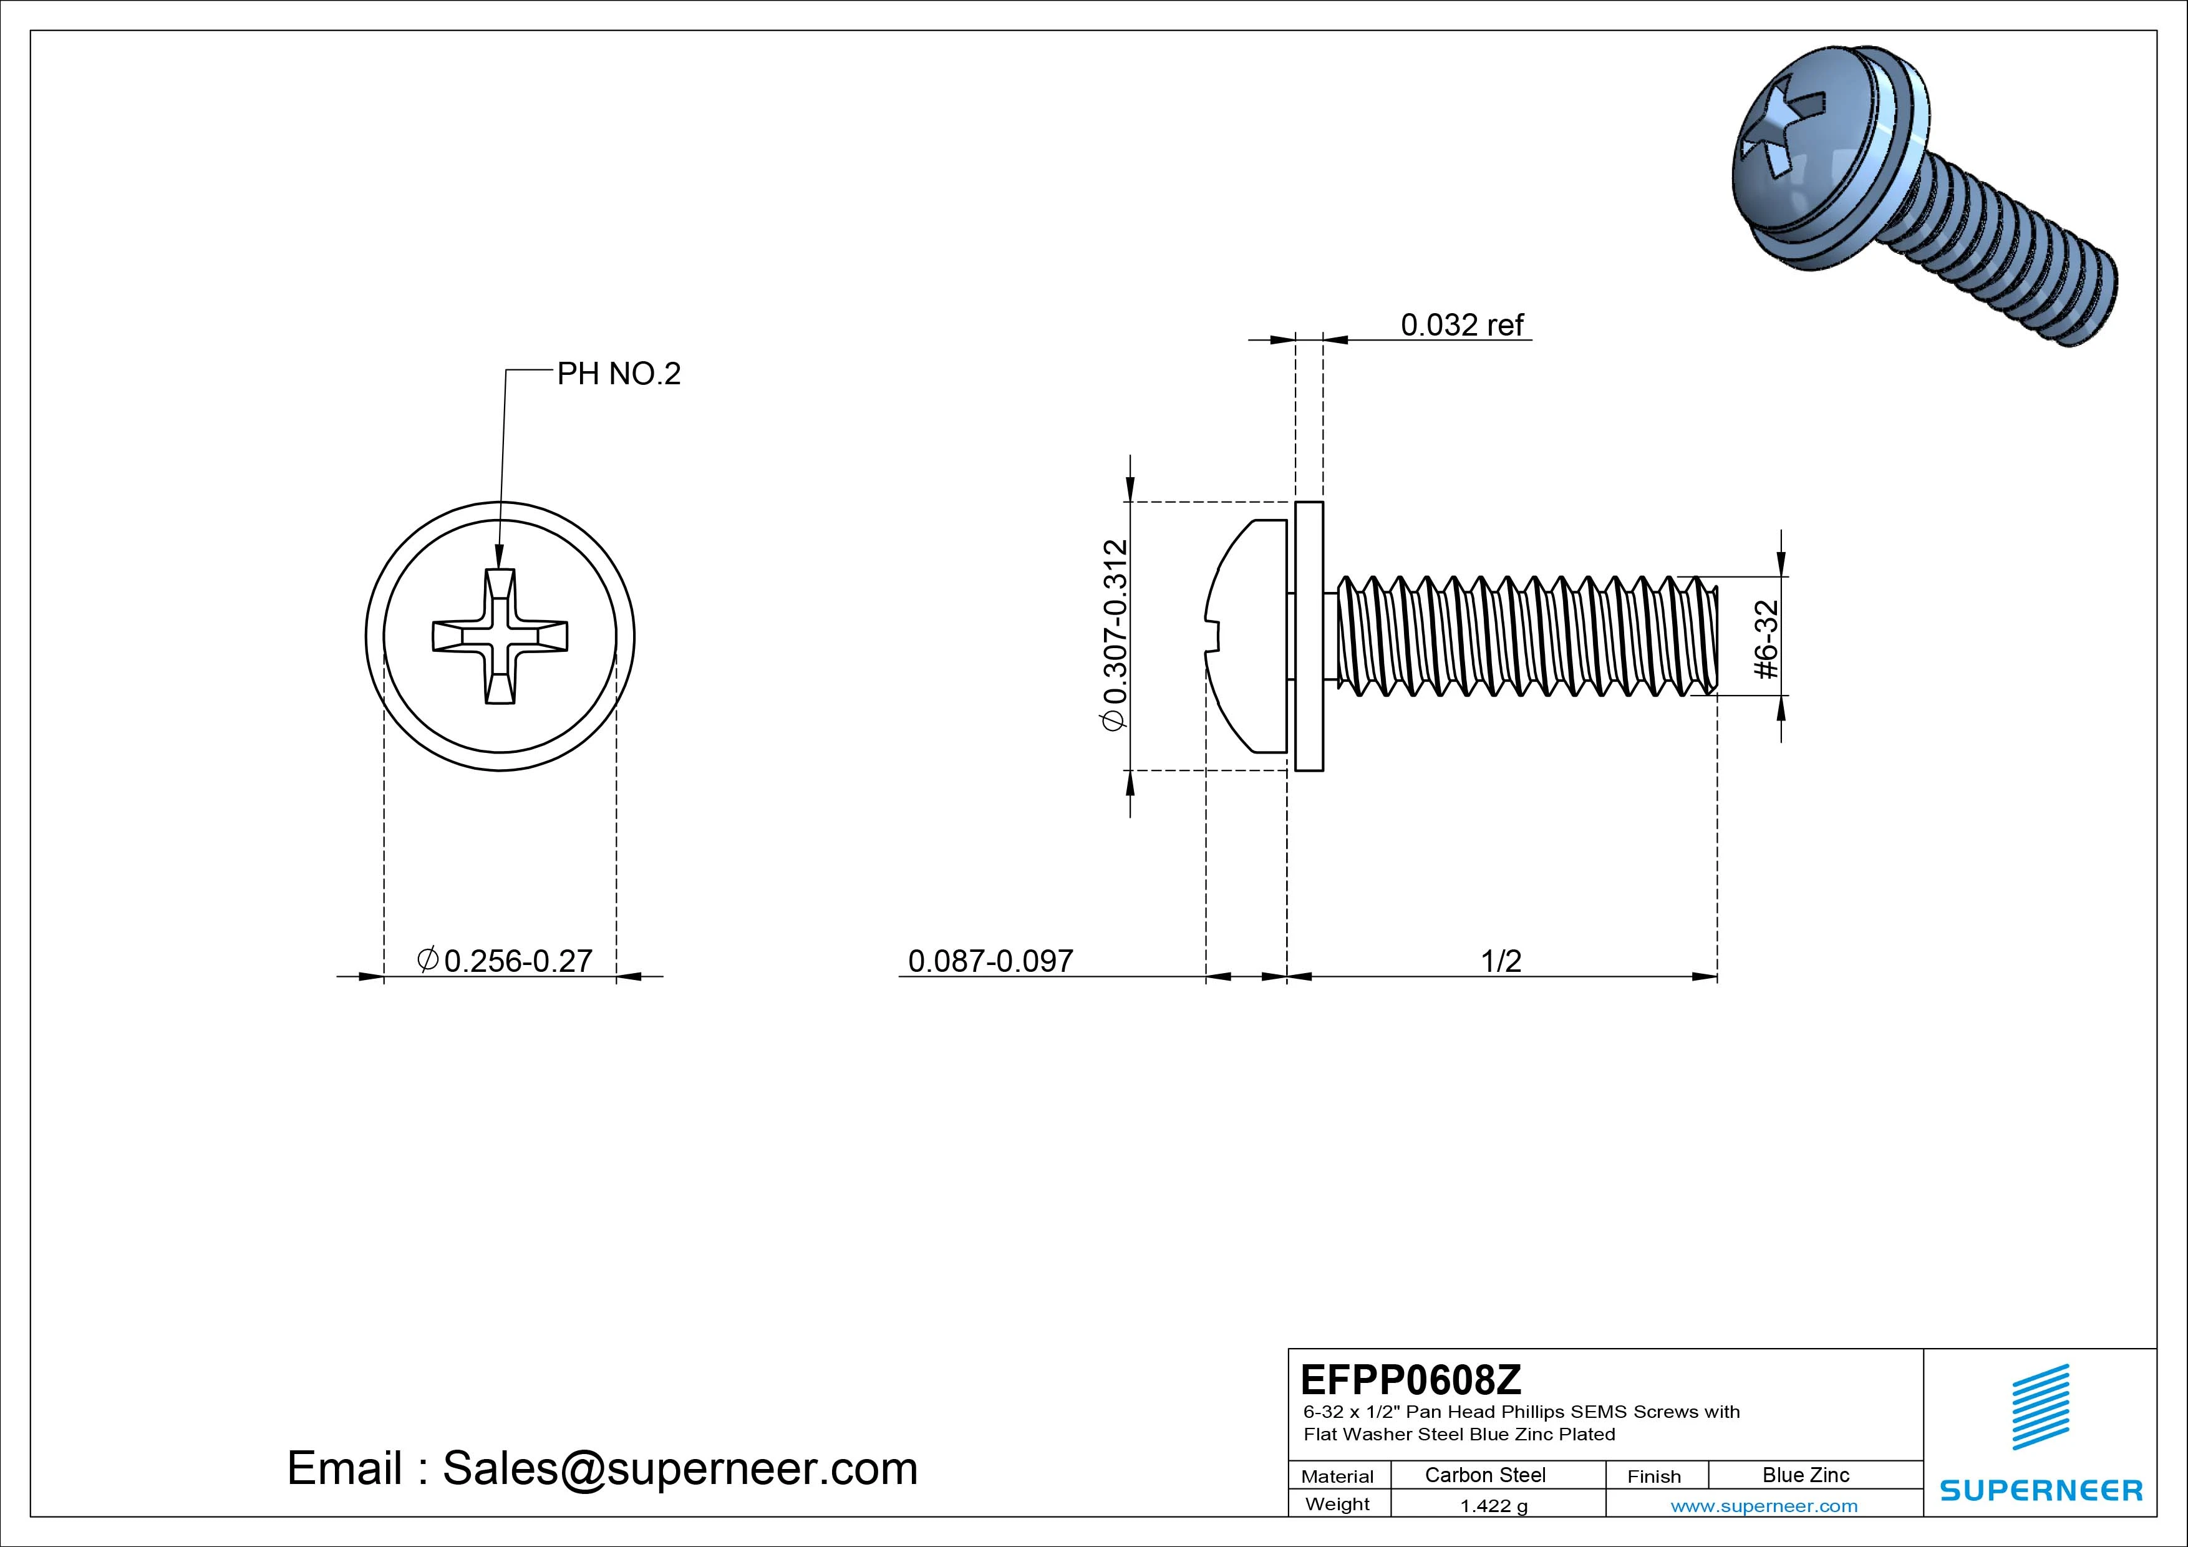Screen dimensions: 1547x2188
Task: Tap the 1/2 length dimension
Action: [x=1501, y=961]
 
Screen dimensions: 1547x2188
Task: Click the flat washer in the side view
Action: [x=1309, y=636]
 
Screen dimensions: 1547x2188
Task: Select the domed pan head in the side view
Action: [x=1249, y=636]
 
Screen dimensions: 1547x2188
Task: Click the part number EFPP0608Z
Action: [x=1410, y=1379]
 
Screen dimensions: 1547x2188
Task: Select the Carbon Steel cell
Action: [x=1484, y=1475]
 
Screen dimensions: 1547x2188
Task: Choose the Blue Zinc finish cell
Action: [x=1805, y=1475]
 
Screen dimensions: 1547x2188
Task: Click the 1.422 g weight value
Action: [x=1493, y=1505]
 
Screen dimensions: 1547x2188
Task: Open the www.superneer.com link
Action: [x=1763, y=1506]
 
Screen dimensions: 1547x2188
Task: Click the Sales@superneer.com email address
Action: [x=679, y=1468]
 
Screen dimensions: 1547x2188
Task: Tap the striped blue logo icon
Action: [x=2040, y=1407]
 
